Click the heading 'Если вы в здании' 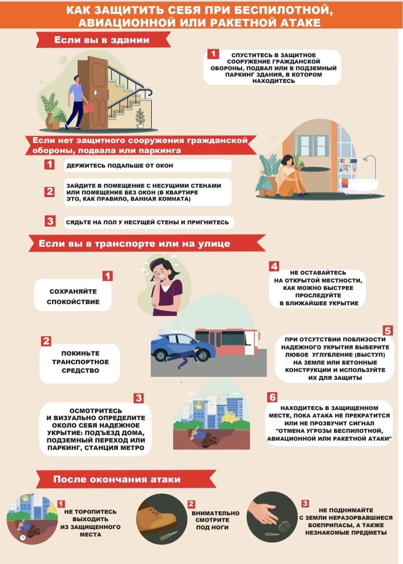point(102,40)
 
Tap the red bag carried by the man point(89,107)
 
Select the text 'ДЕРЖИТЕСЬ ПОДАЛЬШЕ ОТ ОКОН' point(120,166)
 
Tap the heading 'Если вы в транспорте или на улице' point(134,244)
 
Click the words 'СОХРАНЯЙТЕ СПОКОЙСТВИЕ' point(73,296)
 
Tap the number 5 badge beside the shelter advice point(387,330)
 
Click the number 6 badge point(272,397)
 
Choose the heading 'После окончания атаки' point(117,479)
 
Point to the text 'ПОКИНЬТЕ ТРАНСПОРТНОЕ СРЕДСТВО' point(80,362)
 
